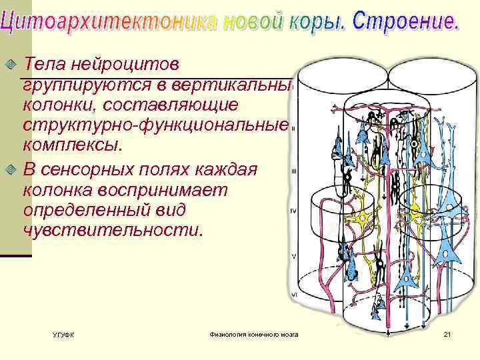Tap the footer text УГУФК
coord(63,334)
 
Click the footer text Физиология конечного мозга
coord(253,333)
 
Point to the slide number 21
coord(447,333)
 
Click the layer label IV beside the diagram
coord(293,211)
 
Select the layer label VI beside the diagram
coord(294,294)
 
